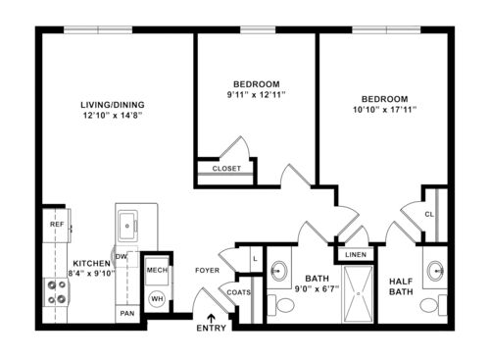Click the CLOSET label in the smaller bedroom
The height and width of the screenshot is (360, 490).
[226, 168]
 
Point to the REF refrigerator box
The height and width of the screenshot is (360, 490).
[57, 225]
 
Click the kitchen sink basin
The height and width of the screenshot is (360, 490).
[128, 228]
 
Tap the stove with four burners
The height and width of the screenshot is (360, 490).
[56, 290]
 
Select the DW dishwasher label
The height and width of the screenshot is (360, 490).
[122, 256]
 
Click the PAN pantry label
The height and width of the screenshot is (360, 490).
[126, 314]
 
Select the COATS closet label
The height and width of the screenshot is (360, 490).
[238, 290]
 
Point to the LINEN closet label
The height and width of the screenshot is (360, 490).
[355, 256]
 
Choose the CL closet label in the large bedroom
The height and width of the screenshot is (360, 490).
[429, 213]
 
